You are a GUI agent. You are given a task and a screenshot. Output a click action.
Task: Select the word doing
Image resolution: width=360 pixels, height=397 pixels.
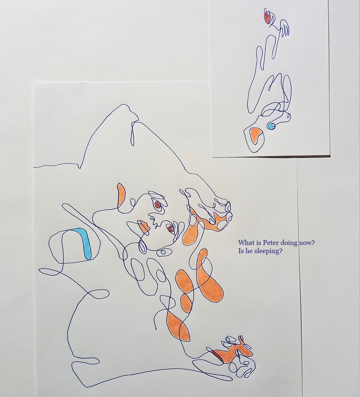click(288, 243)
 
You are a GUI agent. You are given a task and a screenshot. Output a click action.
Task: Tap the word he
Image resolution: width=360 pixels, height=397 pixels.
click(249, 251)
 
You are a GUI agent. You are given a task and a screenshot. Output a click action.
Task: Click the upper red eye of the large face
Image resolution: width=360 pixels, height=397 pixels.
click(157, 205)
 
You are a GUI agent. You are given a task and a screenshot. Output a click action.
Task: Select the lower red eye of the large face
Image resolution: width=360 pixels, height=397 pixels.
click(170, 229)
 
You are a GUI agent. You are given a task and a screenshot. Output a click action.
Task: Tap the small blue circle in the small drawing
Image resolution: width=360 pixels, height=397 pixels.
click(271, 126)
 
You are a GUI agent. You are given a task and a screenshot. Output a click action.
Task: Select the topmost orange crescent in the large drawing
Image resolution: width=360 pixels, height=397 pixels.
click(121, 195)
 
